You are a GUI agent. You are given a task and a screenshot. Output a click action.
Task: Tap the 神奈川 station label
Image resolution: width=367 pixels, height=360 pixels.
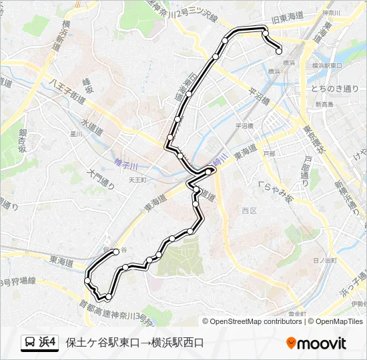(331, 13)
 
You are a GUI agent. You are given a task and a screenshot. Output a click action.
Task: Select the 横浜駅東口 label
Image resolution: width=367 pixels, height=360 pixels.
(327, 66)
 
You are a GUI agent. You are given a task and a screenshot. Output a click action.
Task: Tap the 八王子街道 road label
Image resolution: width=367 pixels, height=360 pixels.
(67, 90)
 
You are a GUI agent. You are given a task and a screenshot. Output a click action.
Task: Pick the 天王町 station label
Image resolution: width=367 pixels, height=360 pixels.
(137, 179)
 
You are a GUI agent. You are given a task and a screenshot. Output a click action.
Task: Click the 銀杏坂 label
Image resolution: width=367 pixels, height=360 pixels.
(23, 140)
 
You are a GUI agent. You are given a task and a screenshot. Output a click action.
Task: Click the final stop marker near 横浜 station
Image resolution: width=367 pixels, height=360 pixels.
(279, 51)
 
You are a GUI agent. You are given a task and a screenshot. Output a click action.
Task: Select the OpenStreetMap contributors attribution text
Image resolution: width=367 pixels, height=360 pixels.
(256, 321)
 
